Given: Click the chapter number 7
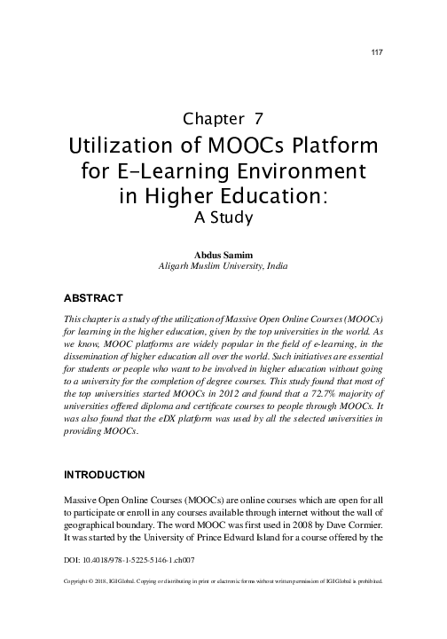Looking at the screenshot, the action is (x=258, y=118).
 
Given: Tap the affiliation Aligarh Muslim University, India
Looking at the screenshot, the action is (x=223, y=265).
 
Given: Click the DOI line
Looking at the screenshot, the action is (x=129, y=561).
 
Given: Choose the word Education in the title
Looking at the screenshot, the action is (x=276, y=194).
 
